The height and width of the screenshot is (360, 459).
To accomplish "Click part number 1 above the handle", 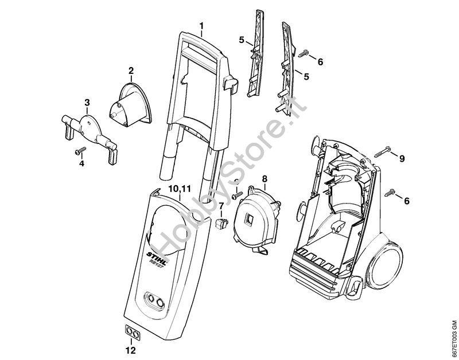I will coord(201,26).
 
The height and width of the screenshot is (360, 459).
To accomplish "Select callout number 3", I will coord(87,103).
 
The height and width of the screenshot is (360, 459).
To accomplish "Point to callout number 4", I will coord(81,163).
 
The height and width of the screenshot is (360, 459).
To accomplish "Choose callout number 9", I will coord(402,158).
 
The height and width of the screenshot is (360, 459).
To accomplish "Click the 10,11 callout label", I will coord(180,189).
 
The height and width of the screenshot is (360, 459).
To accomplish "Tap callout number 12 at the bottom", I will coord(131,349).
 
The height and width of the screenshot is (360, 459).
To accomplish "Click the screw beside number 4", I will coord(80,151).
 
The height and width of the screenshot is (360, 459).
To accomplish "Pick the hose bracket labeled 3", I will coord(88,130).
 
